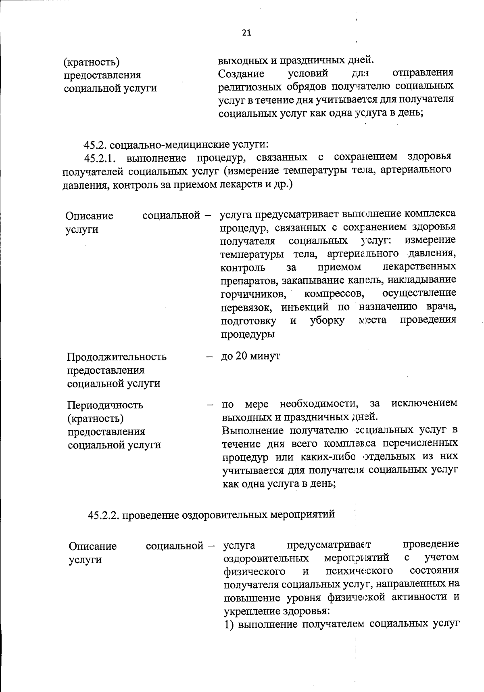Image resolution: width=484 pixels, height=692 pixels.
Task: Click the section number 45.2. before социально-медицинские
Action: [95, 145]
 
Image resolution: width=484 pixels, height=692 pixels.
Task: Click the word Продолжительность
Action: [117, 357]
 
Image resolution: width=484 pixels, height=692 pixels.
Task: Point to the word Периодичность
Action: [105, 405]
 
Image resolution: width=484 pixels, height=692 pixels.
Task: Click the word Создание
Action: [241, 74]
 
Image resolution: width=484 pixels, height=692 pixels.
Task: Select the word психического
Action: [359, 571]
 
